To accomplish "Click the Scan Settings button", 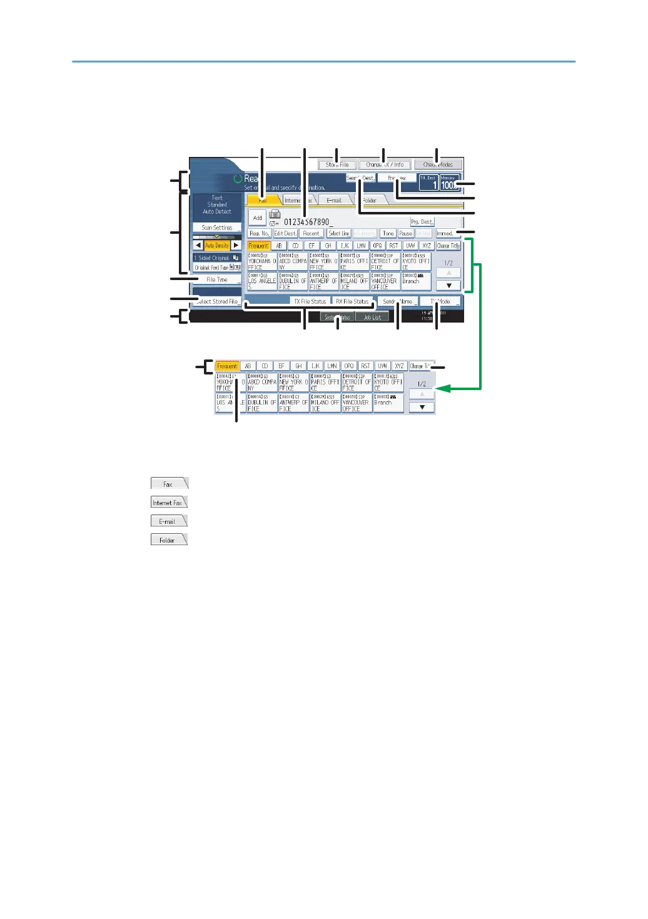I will [x=216, y=228].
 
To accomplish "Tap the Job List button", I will [x=372, y=318].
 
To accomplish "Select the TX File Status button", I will [x=310, y=301].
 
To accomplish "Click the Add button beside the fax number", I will [x=257, y=218].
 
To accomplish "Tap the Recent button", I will [x=311, y=233].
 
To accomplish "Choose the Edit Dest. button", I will [x=285, y=233].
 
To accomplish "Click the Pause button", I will [x=405, y=233].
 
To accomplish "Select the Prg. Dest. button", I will [x=422, y=222].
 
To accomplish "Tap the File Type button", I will [x=216, y=280].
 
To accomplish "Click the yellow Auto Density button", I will [x=217, y=246].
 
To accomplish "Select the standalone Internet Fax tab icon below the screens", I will [x=168, y=502].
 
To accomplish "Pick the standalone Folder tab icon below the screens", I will [x=168, y=540].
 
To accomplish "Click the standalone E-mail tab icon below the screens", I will [x=168, y=521].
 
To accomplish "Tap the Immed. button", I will [x=445, y=233].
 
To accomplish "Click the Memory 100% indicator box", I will [x=448, y=182].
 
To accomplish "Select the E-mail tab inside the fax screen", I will [x=334, y=201].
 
